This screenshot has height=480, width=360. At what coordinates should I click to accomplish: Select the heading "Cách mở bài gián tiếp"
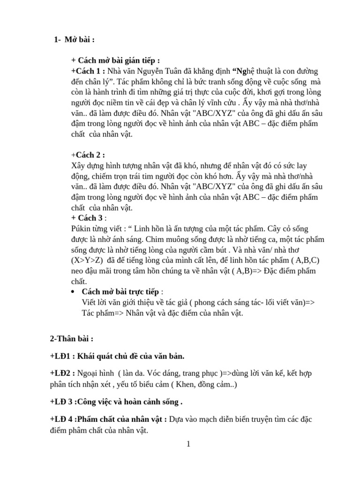[115, 60]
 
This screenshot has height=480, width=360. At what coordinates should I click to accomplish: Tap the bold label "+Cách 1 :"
[88, 71]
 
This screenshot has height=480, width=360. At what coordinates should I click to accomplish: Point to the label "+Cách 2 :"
[88, 155]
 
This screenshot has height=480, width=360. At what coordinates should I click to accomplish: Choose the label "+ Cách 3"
[87, 218]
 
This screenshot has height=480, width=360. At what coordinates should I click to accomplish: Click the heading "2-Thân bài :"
[72, 338]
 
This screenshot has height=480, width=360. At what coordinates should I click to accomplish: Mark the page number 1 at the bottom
[188, 444]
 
